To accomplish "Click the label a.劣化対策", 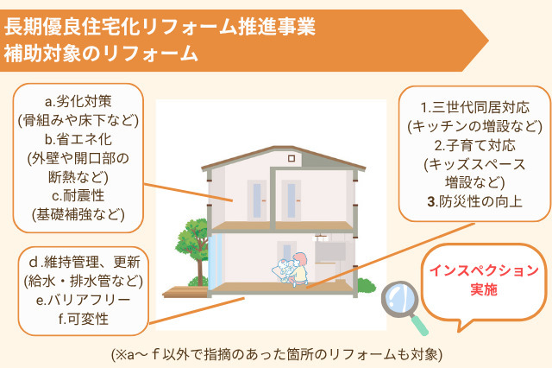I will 78,101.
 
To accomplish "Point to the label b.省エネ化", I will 78,138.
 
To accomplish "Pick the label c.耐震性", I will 78,194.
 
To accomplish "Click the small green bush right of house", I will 366,285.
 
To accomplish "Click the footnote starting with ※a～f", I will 276,353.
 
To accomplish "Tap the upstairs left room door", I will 257,198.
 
